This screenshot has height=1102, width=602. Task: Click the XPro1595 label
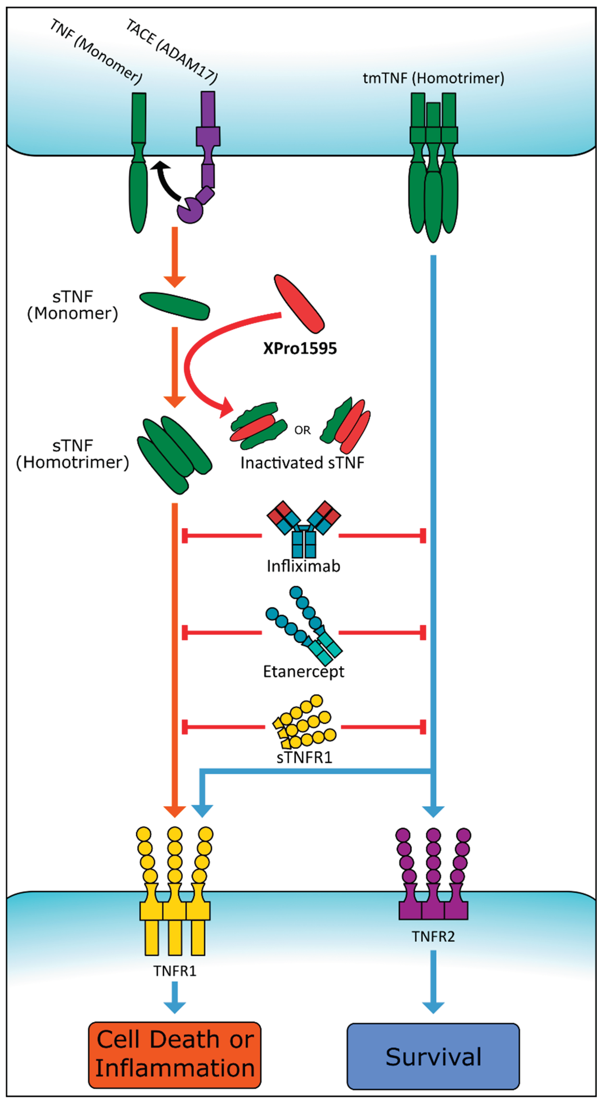click(x=300, y=348)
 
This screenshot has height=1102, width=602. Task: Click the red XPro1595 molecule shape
click(x=299, y=304)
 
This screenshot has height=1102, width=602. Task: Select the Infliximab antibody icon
click(x=304, y=528)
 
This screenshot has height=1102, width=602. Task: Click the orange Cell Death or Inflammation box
click(x=175, y=1055)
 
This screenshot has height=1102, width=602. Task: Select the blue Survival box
click(x=433, y=1056)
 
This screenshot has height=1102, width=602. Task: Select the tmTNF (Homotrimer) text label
click(x=433, y=78)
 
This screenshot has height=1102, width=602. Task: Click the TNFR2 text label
click(x=433, y=937)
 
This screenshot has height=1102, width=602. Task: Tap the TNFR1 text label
click(x=175, y=971)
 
